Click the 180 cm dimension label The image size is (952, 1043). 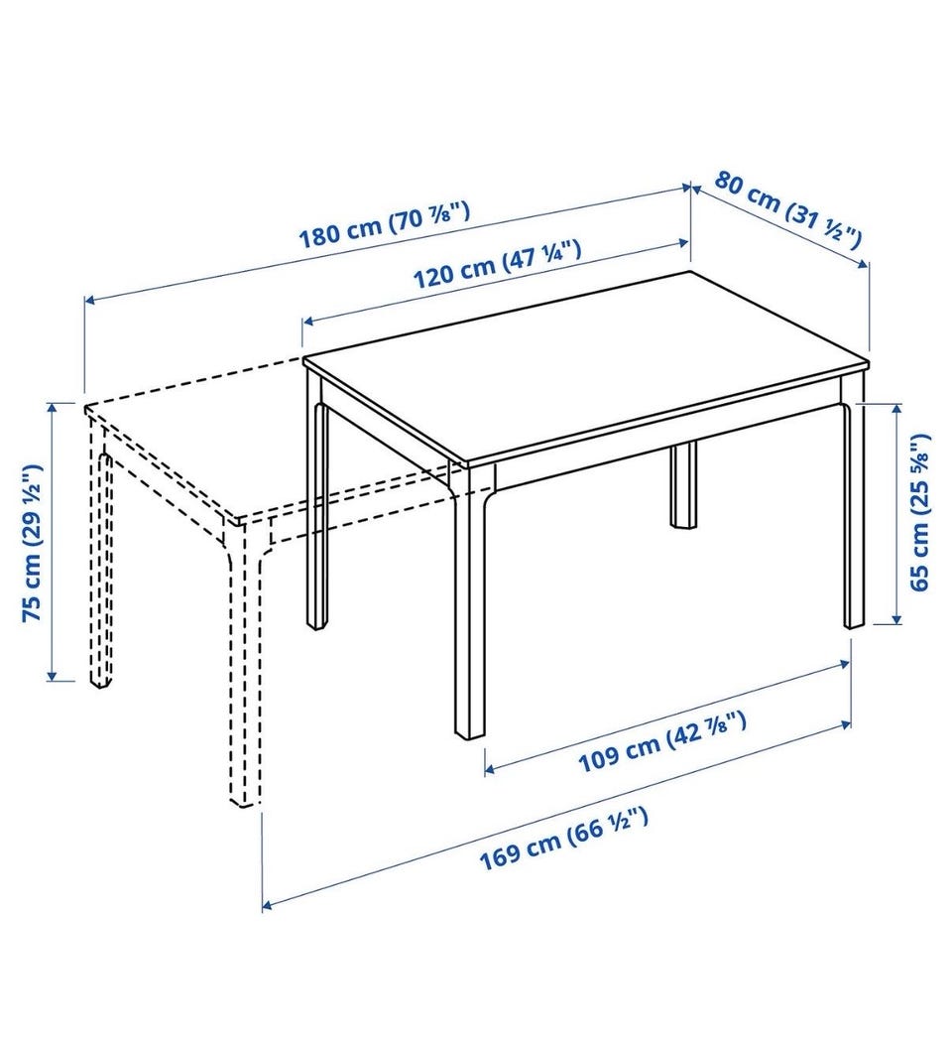click(x=385, y=225)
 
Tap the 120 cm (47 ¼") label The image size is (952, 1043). click(x=498, y=264)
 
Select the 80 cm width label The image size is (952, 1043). click(x=788, y=209)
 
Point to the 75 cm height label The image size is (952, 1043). click(x=32, y=542)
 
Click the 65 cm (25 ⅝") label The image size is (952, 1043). click(x=919, y=512)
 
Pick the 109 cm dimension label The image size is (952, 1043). click(x=661, y=742)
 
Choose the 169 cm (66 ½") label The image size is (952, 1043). click(x=563, y=839)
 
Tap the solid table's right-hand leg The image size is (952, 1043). click(x=854, y=515)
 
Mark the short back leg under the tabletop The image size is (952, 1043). click(x=682, y=484)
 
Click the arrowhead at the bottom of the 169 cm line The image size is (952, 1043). click(x=267, y=905)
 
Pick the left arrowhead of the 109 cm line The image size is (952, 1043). click(x=489, y=770)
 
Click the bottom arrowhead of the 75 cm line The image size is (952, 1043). click(x=52, y=675)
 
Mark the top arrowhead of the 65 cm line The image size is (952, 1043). click(x=896, y=409)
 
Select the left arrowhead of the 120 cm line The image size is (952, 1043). click(x=307, y=322)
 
